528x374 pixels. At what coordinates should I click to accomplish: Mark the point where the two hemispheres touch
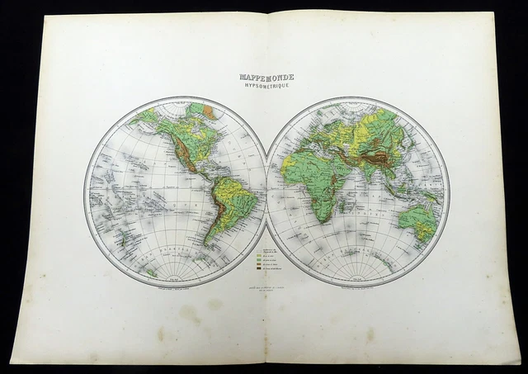[266, 191]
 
